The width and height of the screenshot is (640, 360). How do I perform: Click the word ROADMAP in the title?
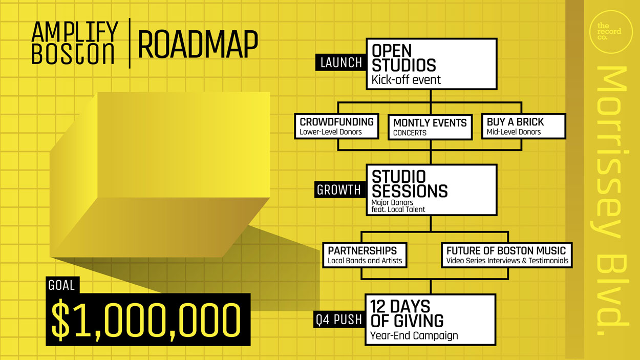(x=198, y=45)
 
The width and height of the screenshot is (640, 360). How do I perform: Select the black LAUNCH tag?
(x=341, y=62)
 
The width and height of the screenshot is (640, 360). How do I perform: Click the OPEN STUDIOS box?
(x=432, y=64)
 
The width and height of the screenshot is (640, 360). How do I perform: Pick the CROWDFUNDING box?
(x=336, y=126)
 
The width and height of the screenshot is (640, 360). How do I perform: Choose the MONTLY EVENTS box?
(x=430, y=127)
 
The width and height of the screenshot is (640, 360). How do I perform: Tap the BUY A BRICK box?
(x=523, y=126)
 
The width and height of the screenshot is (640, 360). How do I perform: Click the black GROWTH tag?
(x=340, y=189)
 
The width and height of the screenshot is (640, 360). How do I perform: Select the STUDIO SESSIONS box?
(x=432, y=189)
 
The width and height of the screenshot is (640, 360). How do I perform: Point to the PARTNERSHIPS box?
(x=365, y=255)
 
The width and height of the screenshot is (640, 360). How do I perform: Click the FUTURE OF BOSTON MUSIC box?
(x=506, y=255)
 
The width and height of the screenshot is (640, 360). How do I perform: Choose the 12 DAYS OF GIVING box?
(x=430, y=320)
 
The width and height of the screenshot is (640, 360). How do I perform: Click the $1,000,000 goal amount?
(x=146, y=320)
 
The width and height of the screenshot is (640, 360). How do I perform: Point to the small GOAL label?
(x=62, y=285)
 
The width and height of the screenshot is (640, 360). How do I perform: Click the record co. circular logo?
(x=611, y=32)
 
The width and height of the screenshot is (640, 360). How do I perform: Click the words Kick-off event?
(x=406, y=80)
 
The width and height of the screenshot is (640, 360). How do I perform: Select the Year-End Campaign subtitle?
(x=414, y=335)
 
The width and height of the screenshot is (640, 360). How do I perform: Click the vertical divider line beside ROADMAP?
(x=130, y=43)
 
